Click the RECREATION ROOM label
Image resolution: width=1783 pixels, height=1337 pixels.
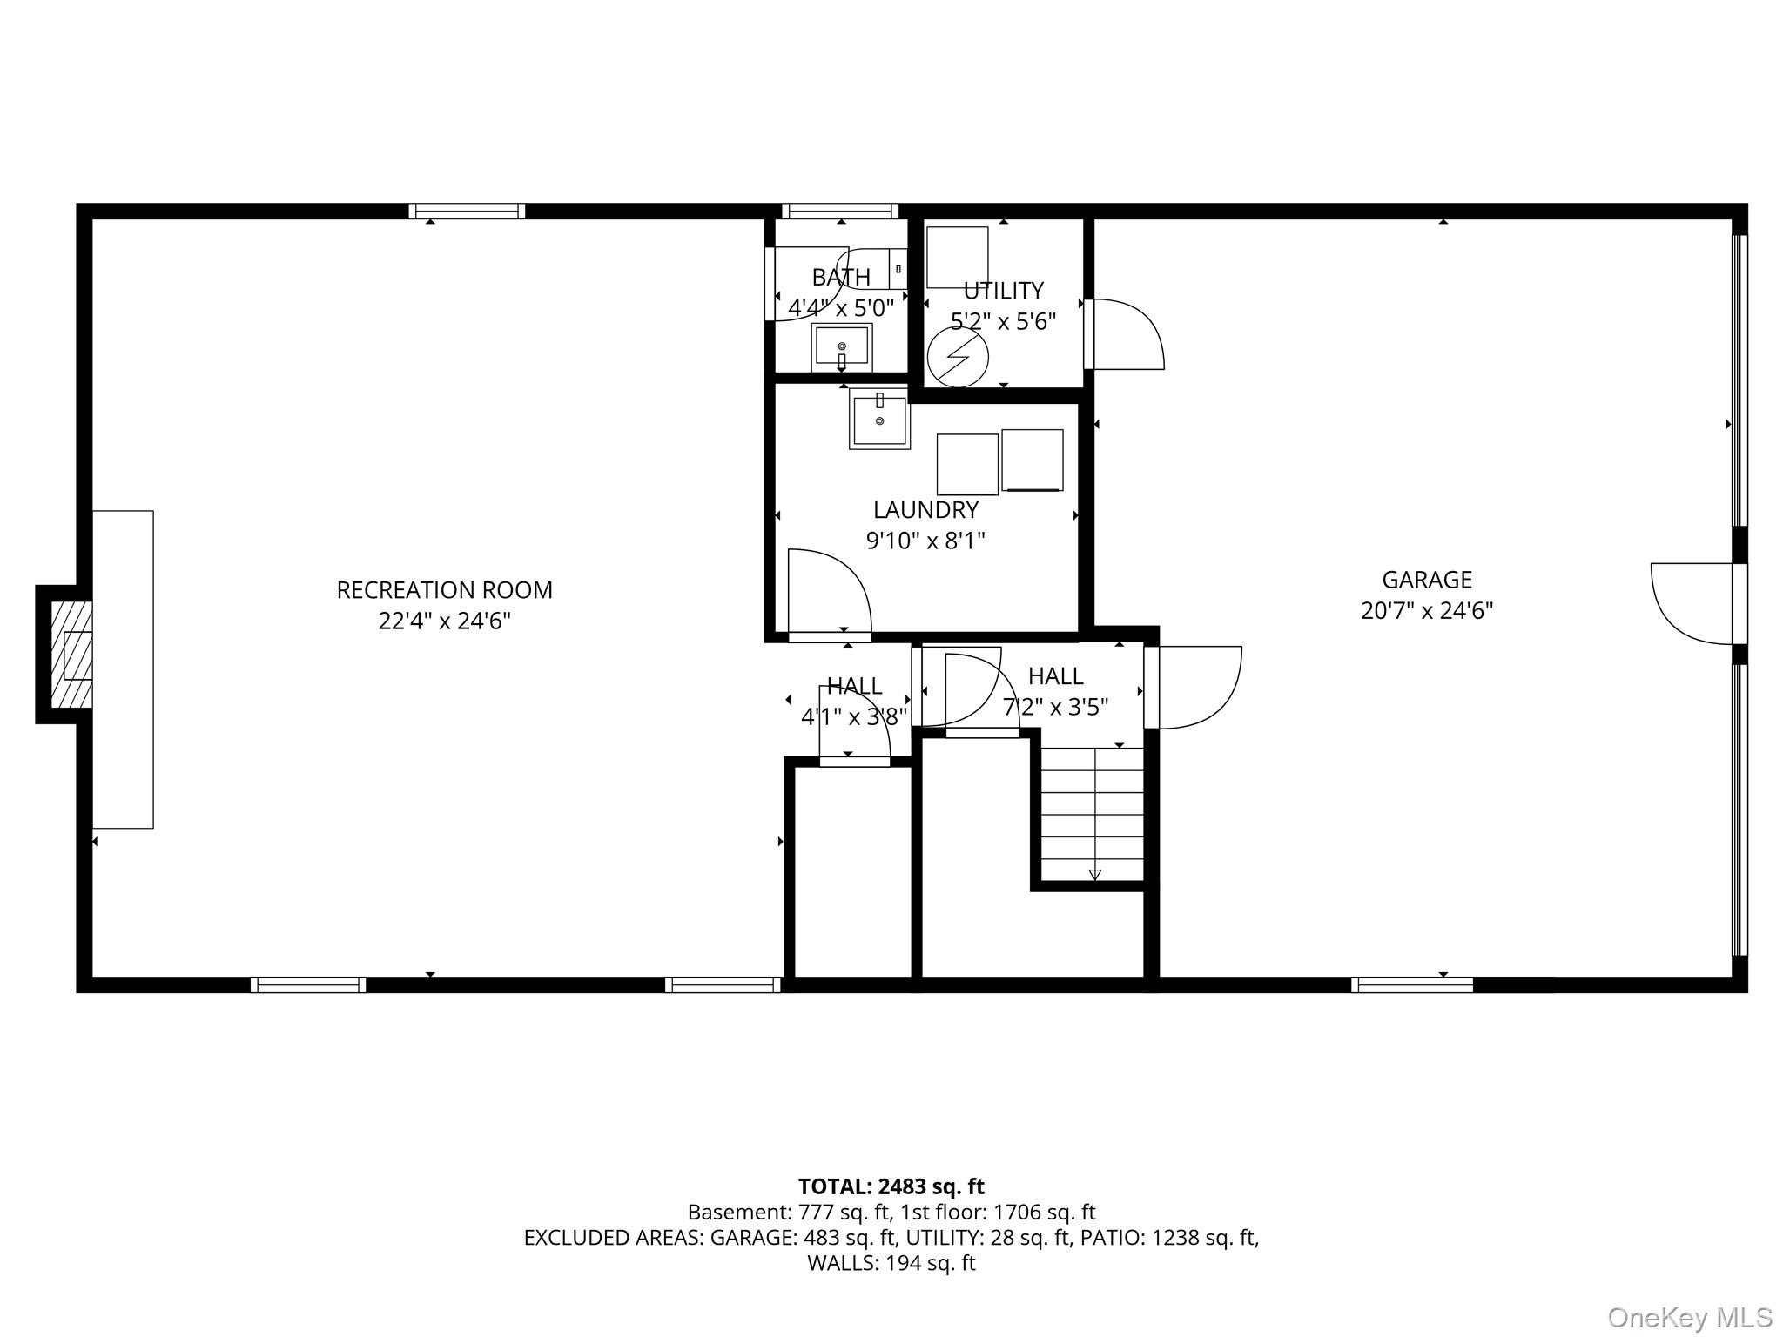click(444, 590)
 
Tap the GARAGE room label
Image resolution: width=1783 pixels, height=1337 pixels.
click(1427, 580)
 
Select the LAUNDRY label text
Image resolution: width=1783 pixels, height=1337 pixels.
click(925, 510)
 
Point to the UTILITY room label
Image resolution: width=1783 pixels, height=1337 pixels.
click(1003, 291)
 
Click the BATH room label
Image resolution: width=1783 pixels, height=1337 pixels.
click(841, 277)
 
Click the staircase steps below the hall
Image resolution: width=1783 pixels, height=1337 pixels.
click(1093, 814)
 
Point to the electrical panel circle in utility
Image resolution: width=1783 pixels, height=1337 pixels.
click(958, 357)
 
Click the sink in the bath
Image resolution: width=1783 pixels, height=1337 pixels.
click(842, 347)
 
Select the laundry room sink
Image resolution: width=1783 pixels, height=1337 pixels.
click(879, 419)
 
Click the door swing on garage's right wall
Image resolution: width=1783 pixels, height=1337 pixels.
click(1692, 603)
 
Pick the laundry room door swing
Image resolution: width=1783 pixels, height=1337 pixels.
click(829, 592)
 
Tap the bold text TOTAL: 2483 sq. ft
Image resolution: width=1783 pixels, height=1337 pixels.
click(891, 1186)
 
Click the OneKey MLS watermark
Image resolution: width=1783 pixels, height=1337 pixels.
click(1690, 1318)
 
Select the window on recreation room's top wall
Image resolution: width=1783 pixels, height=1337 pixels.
click(467, 211)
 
